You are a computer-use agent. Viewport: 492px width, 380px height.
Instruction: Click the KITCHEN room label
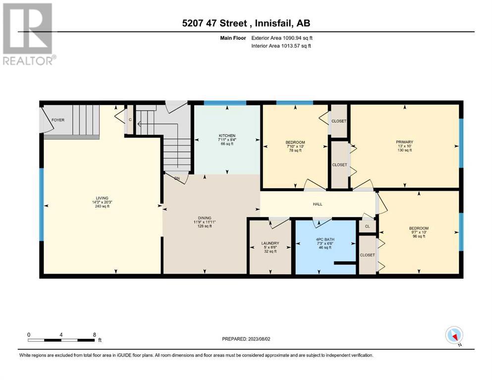tap(227, 136)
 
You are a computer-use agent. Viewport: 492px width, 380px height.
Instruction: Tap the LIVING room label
tap(102, 198)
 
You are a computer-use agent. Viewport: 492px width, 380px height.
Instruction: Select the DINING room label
tap(204, 218)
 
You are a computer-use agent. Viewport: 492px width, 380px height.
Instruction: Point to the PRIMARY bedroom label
tap(404, 142)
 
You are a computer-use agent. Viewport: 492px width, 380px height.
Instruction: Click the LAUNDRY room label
tap(270, 243)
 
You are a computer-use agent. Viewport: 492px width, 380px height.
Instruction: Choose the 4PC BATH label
tap(325, 239)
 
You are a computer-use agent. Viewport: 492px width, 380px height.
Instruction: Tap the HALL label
tap(318, 204)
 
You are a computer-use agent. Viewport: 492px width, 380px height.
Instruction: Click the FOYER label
tap(58, 120)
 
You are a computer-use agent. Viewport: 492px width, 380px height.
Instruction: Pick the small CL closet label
tap(368, 226)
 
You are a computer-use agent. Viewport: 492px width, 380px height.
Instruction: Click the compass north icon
tap(454, 335)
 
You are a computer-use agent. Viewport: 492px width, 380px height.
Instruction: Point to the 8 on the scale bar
tap(95, 335)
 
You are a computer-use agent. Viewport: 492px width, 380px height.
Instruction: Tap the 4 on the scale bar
tap(61, 335)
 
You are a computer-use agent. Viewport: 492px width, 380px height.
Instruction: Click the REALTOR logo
tap(29, 34)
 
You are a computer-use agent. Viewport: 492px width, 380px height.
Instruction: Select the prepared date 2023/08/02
tap(259, 339)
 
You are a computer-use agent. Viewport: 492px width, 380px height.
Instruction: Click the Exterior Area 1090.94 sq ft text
tap(282, 38)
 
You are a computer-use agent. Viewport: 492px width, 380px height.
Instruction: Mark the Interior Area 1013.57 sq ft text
tap(281, 46)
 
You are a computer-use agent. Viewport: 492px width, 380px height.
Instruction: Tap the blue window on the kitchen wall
tap(225, 102)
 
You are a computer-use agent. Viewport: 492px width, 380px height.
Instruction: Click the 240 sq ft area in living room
tap(102, 206)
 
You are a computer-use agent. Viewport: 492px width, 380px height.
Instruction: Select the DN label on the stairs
tap(177, 178)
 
